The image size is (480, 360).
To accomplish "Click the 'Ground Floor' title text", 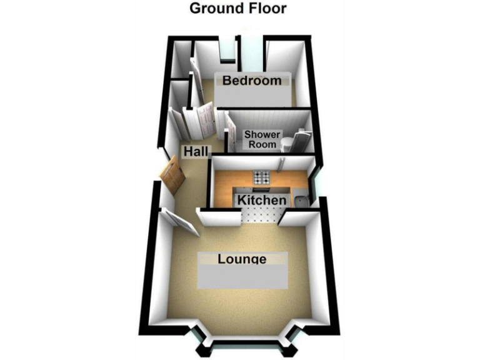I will point(237,9).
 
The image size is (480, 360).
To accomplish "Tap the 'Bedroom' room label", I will point(252,81).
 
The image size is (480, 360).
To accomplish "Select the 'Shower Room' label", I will point(262,139).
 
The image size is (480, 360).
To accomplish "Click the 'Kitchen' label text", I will point(261,201).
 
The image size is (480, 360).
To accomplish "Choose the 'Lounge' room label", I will point(242,259).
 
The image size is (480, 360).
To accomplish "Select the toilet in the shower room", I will point(288,144).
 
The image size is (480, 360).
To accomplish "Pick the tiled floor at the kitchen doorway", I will point(259,216).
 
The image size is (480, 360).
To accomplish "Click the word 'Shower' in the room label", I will point(261,134).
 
